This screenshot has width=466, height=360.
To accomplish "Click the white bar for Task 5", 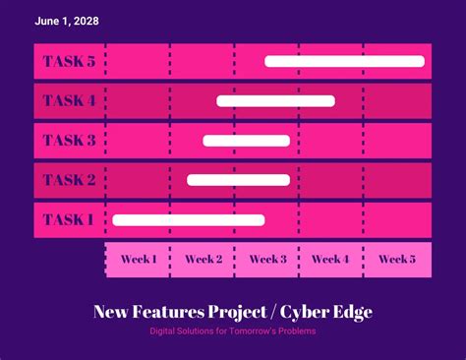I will (344, 61).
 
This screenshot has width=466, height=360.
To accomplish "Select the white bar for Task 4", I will (275, 100).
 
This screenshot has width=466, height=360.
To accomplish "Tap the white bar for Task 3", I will (246, 141).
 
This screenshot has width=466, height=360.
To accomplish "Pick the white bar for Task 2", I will (238, 180).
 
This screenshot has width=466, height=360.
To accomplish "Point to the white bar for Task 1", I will (188, 220).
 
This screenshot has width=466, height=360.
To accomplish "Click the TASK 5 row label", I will (69, 62).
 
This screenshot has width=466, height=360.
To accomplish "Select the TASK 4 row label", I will (69, 101).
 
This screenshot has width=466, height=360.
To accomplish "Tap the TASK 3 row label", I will (69, 141).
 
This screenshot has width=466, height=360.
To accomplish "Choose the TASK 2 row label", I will (69, 180).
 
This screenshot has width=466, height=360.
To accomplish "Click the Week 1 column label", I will (139, 260).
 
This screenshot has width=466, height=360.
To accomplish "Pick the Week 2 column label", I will (204, 260).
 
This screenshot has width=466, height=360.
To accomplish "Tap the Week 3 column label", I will (267, 260).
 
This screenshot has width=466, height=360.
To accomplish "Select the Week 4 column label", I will (331, 260).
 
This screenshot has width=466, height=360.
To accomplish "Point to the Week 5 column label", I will (397, 260).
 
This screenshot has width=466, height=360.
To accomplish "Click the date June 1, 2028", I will (67, 21).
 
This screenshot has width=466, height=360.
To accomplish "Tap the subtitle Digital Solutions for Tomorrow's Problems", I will (233, 331).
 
